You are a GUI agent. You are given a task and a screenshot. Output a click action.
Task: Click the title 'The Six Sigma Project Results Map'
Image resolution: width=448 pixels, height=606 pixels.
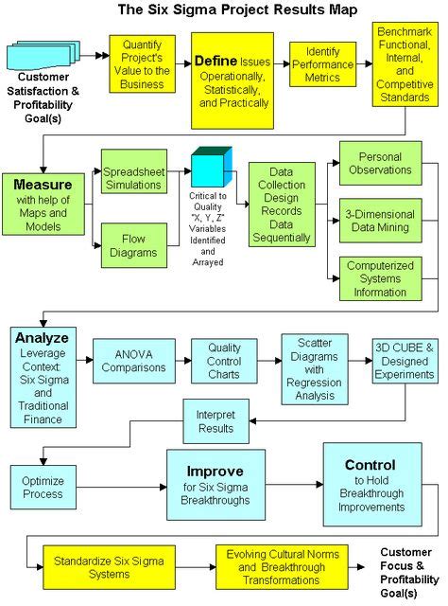(x=224, y=10)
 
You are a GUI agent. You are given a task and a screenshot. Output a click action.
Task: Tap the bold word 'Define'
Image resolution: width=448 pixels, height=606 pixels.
(x=216, y=61)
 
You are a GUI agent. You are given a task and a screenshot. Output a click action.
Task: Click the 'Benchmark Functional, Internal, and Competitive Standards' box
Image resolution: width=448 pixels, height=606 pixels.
(x=405, y=63)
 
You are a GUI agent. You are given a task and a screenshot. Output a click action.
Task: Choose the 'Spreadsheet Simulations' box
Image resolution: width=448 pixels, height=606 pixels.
(x=133, y=181)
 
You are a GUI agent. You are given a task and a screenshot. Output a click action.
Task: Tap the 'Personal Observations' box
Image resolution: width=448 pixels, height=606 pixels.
(x=382, y=163)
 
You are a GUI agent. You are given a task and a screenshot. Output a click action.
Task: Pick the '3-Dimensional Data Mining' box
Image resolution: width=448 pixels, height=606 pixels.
(x=382, y=222)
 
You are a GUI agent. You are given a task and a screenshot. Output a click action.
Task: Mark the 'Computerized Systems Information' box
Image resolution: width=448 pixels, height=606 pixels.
(x=382, y=278)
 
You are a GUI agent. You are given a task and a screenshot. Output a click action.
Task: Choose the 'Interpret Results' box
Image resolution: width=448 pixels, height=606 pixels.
(x=215, y=421)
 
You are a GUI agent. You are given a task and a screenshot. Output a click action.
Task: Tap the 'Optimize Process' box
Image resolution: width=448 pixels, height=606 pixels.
(x=43, y=487)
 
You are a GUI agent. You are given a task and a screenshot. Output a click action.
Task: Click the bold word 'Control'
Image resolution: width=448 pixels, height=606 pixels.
(x=370, y=465)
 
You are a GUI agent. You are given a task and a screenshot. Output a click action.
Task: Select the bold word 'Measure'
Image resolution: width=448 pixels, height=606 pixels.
(x=43, y=185)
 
